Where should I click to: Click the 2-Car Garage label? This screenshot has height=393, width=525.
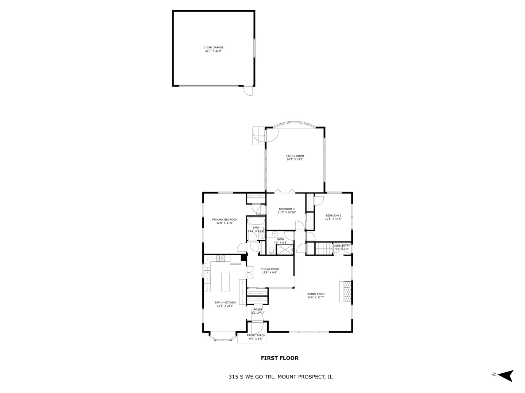tap(213, 49)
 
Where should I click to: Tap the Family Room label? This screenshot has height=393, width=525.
tap(295, 158)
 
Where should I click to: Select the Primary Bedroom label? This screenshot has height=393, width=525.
tap(225, 221)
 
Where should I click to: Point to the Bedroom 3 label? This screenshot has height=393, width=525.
tap(287, 210)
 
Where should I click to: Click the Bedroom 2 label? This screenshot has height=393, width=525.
tap(333, 217)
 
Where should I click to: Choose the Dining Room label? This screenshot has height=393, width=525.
tap(269, 271)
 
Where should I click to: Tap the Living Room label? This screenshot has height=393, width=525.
tap(315, 295)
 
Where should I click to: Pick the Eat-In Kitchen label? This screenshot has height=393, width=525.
tap(225, 304)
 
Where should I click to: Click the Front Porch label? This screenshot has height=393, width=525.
tap(256, 337)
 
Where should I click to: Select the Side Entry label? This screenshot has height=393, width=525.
tap(342, 247)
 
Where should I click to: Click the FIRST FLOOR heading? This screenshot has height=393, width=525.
tap(279, 358)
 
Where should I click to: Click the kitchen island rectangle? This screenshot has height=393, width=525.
tap(226, 282)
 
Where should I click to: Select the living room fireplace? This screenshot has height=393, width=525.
tap(346, 291)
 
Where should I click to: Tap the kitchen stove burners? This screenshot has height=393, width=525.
tap(221, 259)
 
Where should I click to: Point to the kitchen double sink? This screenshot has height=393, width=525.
tap(207, 270)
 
